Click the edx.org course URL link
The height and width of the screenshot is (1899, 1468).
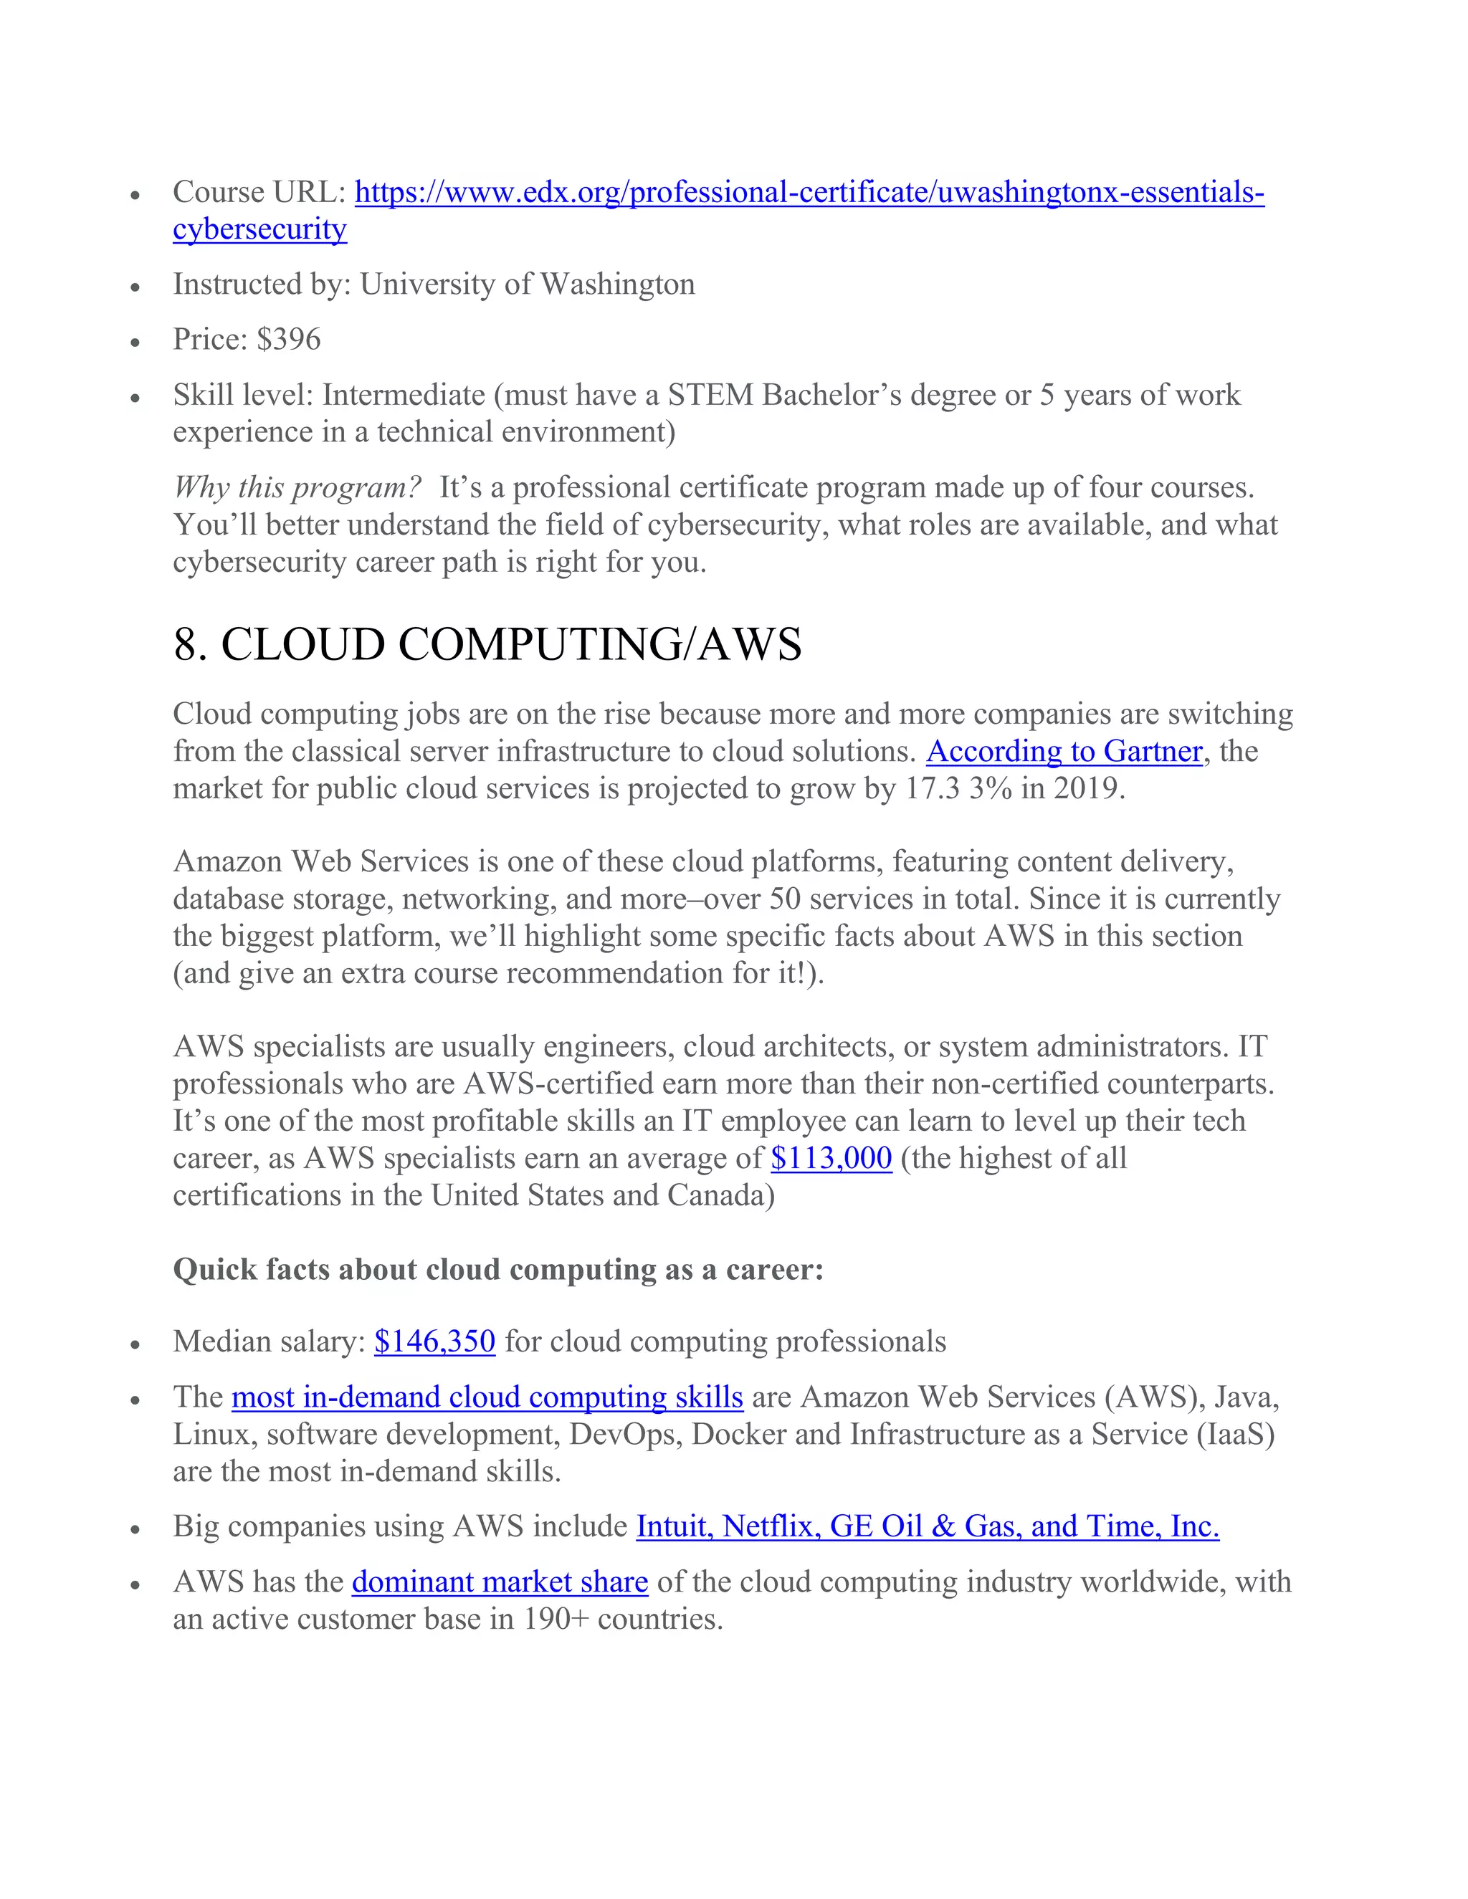pos(809,193)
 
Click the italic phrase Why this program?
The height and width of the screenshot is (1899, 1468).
pos(297,488)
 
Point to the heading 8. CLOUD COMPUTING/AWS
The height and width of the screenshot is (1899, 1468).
pos(487,645)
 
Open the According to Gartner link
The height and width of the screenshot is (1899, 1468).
pos(1064,751)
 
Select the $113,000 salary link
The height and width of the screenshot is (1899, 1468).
pos(831,1158)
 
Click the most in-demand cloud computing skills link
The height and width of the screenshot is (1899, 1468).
pos(487,1397)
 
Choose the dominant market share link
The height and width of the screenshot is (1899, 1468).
pos(500,1582)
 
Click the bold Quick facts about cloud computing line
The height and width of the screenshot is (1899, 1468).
pos(497,1270)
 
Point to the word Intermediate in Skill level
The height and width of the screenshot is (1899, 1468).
pos(404,396)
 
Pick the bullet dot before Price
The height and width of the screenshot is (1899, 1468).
pos(135,343)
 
